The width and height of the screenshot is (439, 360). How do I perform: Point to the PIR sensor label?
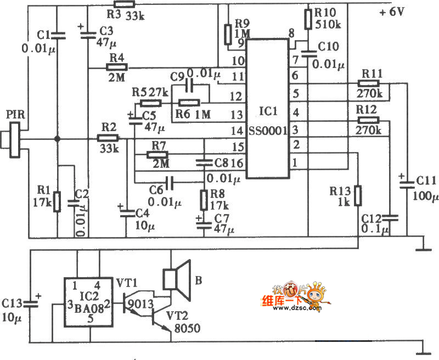click(x=14, y=115)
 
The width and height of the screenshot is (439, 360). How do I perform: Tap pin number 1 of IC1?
click(x=295, y=162)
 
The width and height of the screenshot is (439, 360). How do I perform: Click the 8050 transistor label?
click(x=187, y=329)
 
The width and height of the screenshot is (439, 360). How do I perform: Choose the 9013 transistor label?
click(x=136, y=302)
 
